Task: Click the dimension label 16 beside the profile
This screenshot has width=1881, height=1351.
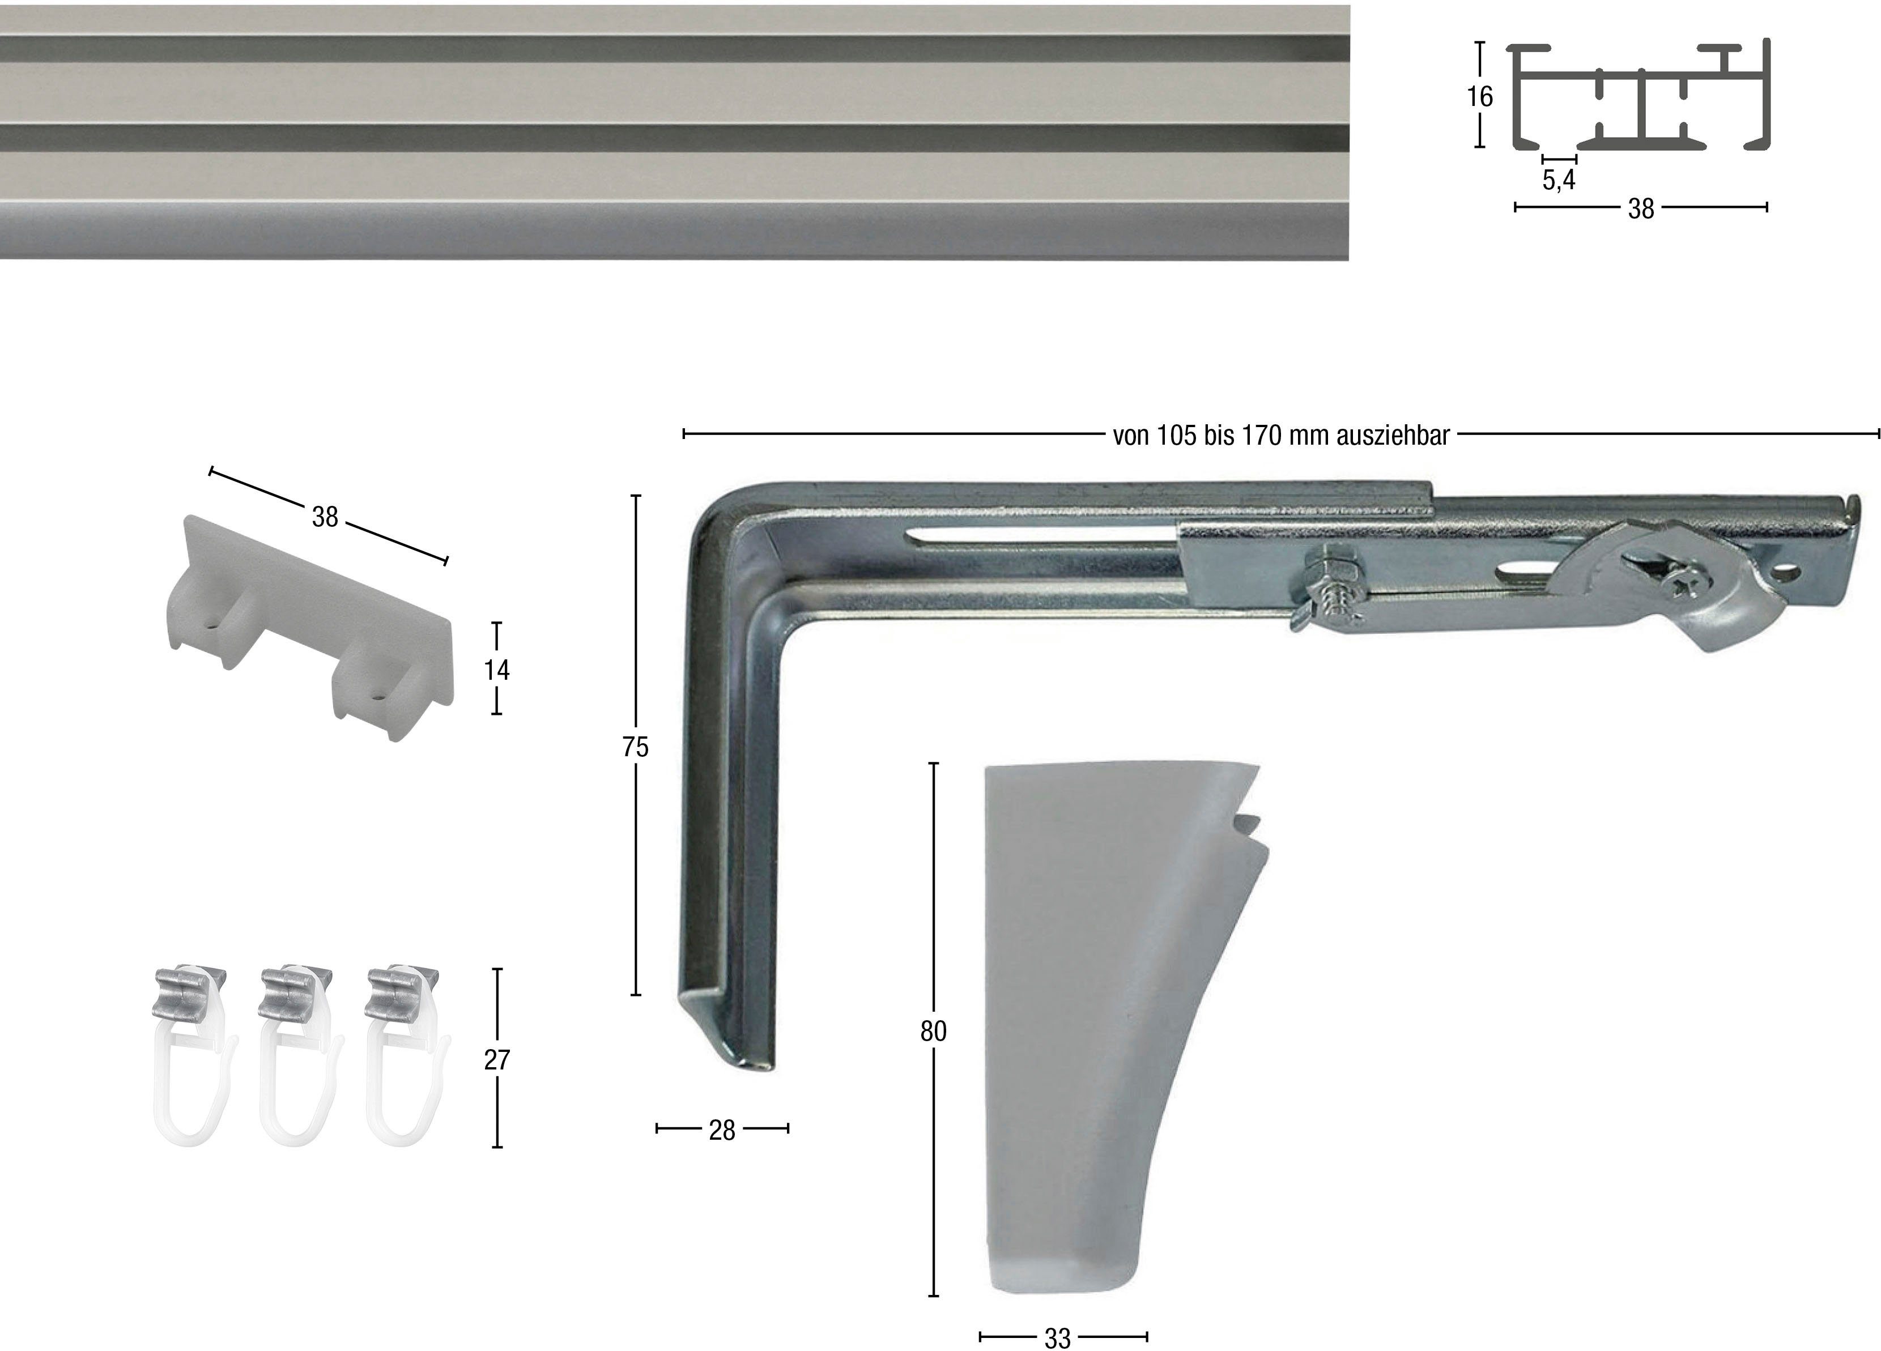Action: tap(1479, 97)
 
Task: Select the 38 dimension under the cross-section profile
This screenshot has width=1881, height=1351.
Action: tap(1640, 208)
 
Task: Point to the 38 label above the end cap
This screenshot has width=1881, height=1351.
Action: tap(325, 517)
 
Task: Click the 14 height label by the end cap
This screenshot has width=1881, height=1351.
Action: tap(497, 670)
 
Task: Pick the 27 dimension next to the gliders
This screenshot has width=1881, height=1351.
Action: tap(497, 1059)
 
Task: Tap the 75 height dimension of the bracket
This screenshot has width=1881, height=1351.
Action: tap(635, 747)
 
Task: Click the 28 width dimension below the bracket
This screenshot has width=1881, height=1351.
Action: tap(722, 1130)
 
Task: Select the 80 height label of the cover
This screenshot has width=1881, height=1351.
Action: tap(933, 1031)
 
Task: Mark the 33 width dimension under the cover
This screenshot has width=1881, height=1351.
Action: tap(1057, 1338)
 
